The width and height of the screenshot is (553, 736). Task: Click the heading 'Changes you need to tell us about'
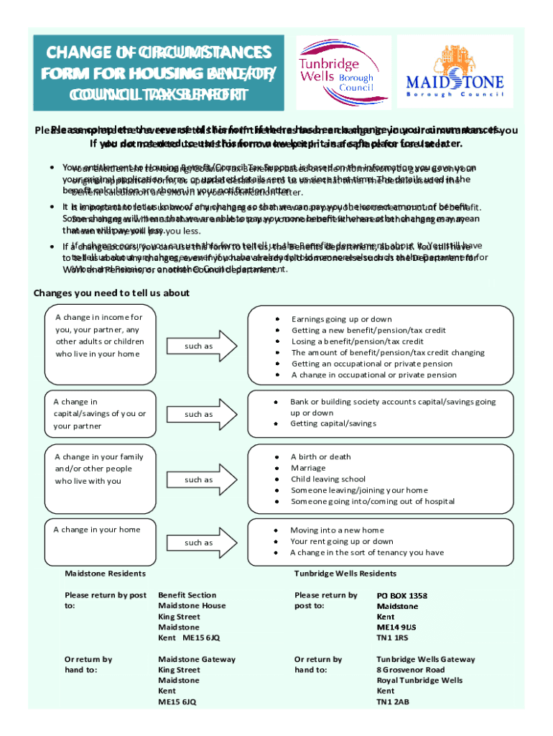tap(111, 293)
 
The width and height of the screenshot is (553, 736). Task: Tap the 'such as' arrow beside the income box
tap(200, 346)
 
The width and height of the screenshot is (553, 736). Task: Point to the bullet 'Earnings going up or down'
tap(341, 318)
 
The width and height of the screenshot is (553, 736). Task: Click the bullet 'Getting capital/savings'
tap(333, 423)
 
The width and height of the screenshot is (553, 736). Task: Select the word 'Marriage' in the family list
tap(308, 468)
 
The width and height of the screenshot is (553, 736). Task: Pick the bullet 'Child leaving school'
tap(327, 479)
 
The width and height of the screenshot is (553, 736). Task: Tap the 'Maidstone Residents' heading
tap(105, 574)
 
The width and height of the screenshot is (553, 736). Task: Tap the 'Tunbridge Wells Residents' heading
tap(345, 574)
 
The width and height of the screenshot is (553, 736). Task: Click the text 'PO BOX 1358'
tap(401, 596)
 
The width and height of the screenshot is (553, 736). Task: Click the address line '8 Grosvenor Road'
tap(410, 670)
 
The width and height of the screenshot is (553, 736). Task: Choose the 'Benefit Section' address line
tap(187, 595)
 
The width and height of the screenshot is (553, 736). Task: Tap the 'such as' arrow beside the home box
tap(200, 543)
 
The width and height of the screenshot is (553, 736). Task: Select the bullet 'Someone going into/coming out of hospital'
tap(372, 501)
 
